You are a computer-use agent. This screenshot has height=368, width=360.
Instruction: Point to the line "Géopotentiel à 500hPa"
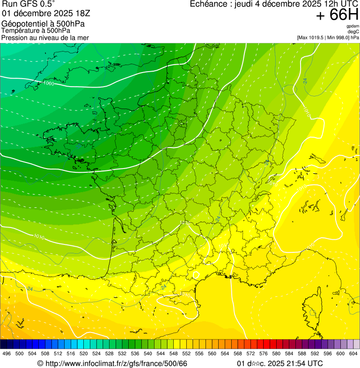[46, 24]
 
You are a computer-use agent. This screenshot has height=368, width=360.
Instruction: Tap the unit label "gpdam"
[353, 26]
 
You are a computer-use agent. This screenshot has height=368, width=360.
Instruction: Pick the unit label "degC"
[354, 31]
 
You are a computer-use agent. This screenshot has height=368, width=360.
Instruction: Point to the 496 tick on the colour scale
[7, 353]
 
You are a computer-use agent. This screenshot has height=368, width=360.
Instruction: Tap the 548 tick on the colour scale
[174, 353]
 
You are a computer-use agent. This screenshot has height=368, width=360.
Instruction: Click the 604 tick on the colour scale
[353, 353]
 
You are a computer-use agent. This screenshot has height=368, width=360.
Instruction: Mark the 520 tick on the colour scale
[84, 353]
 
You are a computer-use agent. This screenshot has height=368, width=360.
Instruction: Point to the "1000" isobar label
[47, 83]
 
